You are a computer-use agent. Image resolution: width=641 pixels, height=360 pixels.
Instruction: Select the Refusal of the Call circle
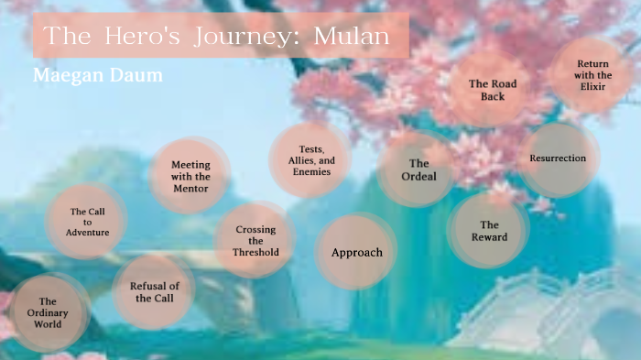pyautogui.click(x=154, y=291)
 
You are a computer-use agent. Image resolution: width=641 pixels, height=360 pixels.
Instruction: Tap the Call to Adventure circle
pyautogui.click(x=89, y=222)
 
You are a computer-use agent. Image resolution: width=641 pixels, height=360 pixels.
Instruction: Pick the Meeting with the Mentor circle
pyautogui.click(x=190, y=177)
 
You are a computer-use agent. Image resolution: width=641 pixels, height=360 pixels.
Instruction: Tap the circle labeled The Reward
pyautogui.click(x=489, y=231)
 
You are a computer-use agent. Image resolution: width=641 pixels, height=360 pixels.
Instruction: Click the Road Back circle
pyautogui.click(x=493, y=90)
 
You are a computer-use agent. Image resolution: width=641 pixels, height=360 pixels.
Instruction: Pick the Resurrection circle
pyautogui.click(x=558, y=158)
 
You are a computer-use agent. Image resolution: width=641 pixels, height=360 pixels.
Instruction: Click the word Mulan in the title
pyautogui.click(x=352, y=37)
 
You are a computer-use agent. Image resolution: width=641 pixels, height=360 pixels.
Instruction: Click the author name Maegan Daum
pyautogui.click(x=98, y=74)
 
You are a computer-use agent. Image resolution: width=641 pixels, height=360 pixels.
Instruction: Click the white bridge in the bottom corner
pyautogui.click(x=577, y=316)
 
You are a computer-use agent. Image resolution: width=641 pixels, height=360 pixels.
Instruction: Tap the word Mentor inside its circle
pyautogui.click(x=190, y=189)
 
